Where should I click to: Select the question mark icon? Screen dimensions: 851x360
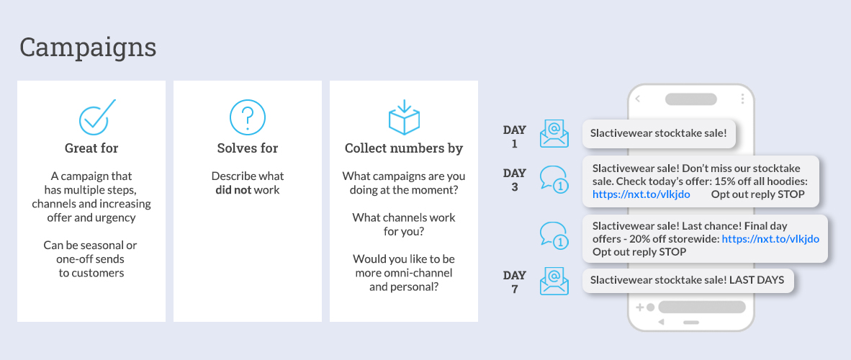(x=248, y=118)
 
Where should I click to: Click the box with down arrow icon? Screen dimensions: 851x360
(x=404, y=117)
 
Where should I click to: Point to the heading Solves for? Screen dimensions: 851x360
(x=248, y=148)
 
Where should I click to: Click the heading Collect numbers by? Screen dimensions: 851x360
(x=404, y=148)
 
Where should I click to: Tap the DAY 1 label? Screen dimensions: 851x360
(x=515, y=137)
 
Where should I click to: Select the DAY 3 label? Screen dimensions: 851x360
(x=515, y=180)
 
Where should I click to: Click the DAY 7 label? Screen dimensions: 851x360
(x=515, y=282)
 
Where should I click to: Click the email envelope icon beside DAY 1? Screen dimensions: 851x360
(x=554, y=134)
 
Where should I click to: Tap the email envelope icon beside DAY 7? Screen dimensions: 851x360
(x=554, y=282)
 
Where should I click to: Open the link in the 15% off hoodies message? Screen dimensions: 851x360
(x=641, y=194)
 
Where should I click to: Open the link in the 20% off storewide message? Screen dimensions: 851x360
(x=770, y=239)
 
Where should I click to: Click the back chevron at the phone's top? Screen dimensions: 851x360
(x=638, y=99)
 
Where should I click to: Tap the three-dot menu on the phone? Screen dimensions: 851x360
(x=742, y=99)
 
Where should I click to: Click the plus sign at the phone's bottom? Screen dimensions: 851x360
(x=640, y=307)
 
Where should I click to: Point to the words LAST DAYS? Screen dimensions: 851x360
(x=757, y=280)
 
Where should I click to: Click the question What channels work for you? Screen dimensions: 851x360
(x=404, y=224)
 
